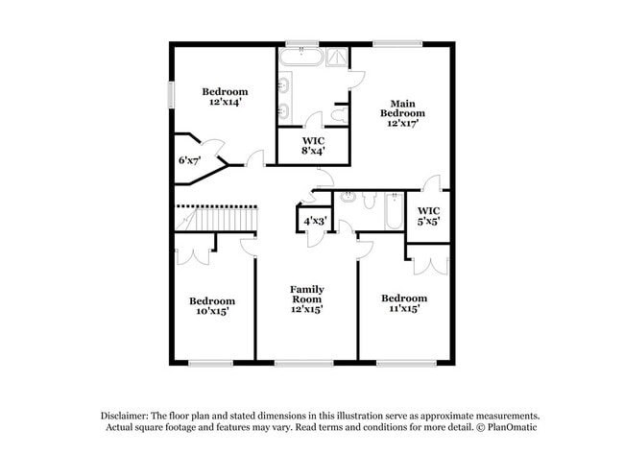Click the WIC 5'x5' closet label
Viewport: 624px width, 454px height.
coord(429,216)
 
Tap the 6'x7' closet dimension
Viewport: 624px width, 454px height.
coord(189,160)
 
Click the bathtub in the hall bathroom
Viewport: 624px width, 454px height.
coord(393,211)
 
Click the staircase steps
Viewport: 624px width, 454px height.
coord(217,222)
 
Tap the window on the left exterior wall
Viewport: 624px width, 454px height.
coord(172,97)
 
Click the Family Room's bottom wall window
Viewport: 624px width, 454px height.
coord(303,363)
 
